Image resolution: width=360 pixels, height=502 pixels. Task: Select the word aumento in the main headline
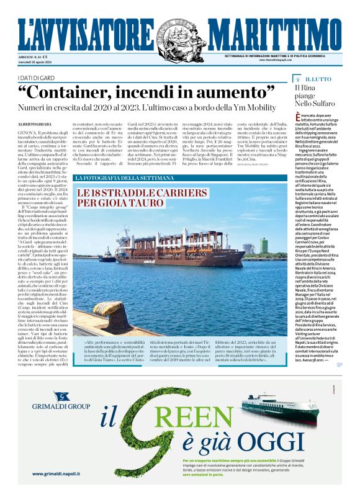tap(236, 92)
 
